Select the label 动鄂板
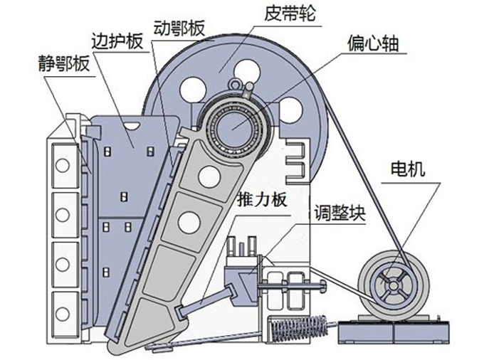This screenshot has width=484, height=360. click(x=179, y=28)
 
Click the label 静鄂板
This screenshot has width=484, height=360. click(x=63, y=64)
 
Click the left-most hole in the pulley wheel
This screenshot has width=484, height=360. click(x=191, y=90)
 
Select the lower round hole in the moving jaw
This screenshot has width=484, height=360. click(x=189, y=223)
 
